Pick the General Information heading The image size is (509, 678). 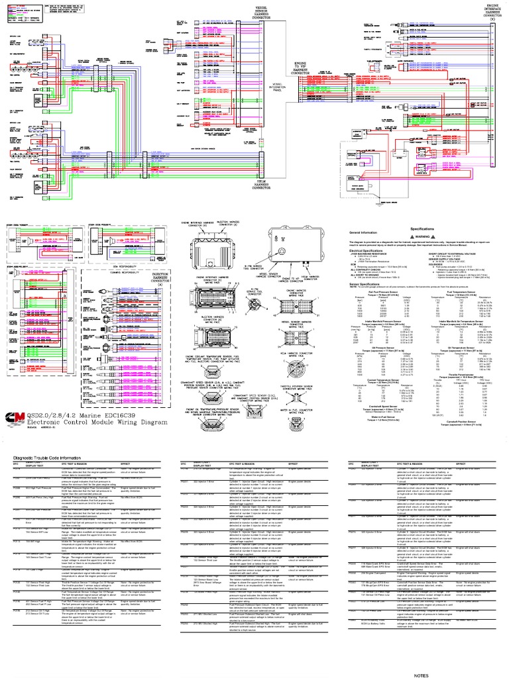(x=363, y=234)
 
